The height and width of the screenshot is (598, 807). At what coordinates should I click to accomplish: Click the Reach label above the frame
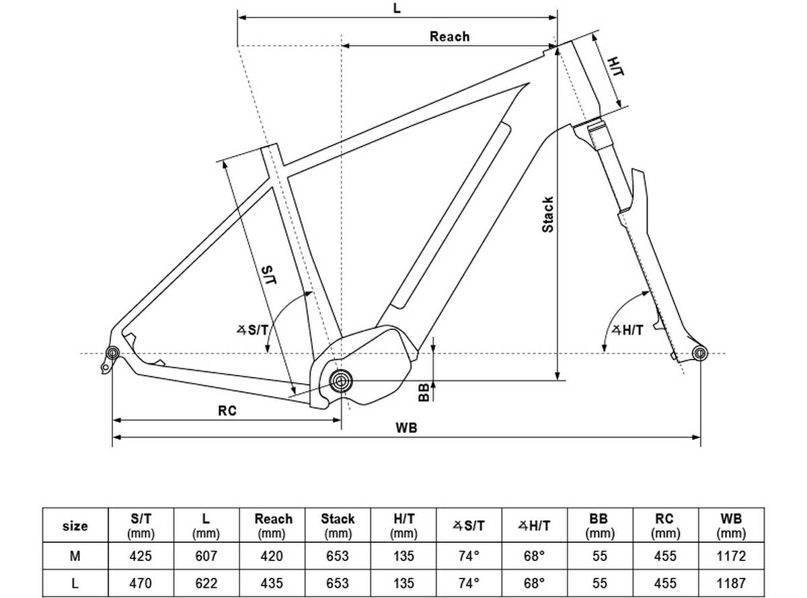tap(449, 36)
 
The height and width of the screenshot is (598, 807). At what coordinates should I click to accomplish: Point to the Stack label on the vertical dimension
tap(547, 214)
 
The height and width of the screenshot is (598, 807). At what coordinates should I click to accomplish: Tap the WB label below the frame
tap(406, 428)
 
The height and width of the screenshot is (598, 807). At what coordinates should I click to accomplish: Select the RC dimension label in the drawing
tap(227, 411)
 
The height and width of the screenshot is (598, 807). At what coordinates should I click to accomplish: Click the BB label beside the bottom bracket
tap(424, 392)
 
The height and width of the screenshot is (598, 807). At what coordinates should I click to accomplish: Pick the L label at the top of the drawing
tap(397, 7)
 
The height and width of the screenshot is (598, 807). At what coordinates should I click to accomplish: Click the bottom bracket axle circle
tap(341, 381)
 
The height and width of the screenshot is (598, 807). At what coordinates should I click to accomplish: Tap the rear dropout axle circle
tap(112, 353)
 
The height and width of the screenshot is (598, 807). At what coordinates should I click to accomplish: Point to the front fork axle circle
tap(699, 353)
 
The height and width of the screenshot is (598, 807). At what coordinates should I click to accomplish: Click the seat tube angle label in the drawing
tap(252, 330)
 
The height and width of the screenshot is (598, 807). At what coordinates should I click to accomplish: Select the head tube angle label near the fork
tap(627, 330)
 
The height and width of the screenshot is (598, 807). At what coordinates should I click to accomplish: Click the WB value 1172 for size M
tap(731, 556)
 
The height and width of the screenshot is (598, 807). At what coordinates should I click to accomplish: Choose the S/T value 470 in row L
tap(141, 583)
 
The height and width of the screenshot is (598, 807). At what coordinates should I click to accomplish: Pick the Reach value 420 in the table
tap(272, 556)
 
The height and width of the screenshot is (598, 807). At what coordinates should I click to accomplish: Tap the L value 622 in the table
tap(206, 583)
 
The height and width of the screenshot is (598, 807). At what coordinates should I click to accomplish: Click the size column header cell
tap(75, 525)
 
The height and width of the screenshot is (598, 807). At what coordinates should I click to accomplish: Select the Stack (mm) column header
tap(338, 525)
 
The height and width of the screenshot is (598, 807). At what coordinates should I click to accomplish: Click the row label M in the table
tap(75, 556)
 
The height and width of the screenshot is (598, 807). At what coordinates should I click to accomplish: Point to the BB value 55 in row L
tap(600, 583)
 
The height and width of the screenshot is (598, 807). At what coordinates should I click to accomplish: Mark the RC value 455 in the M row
tap(665, 556)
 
